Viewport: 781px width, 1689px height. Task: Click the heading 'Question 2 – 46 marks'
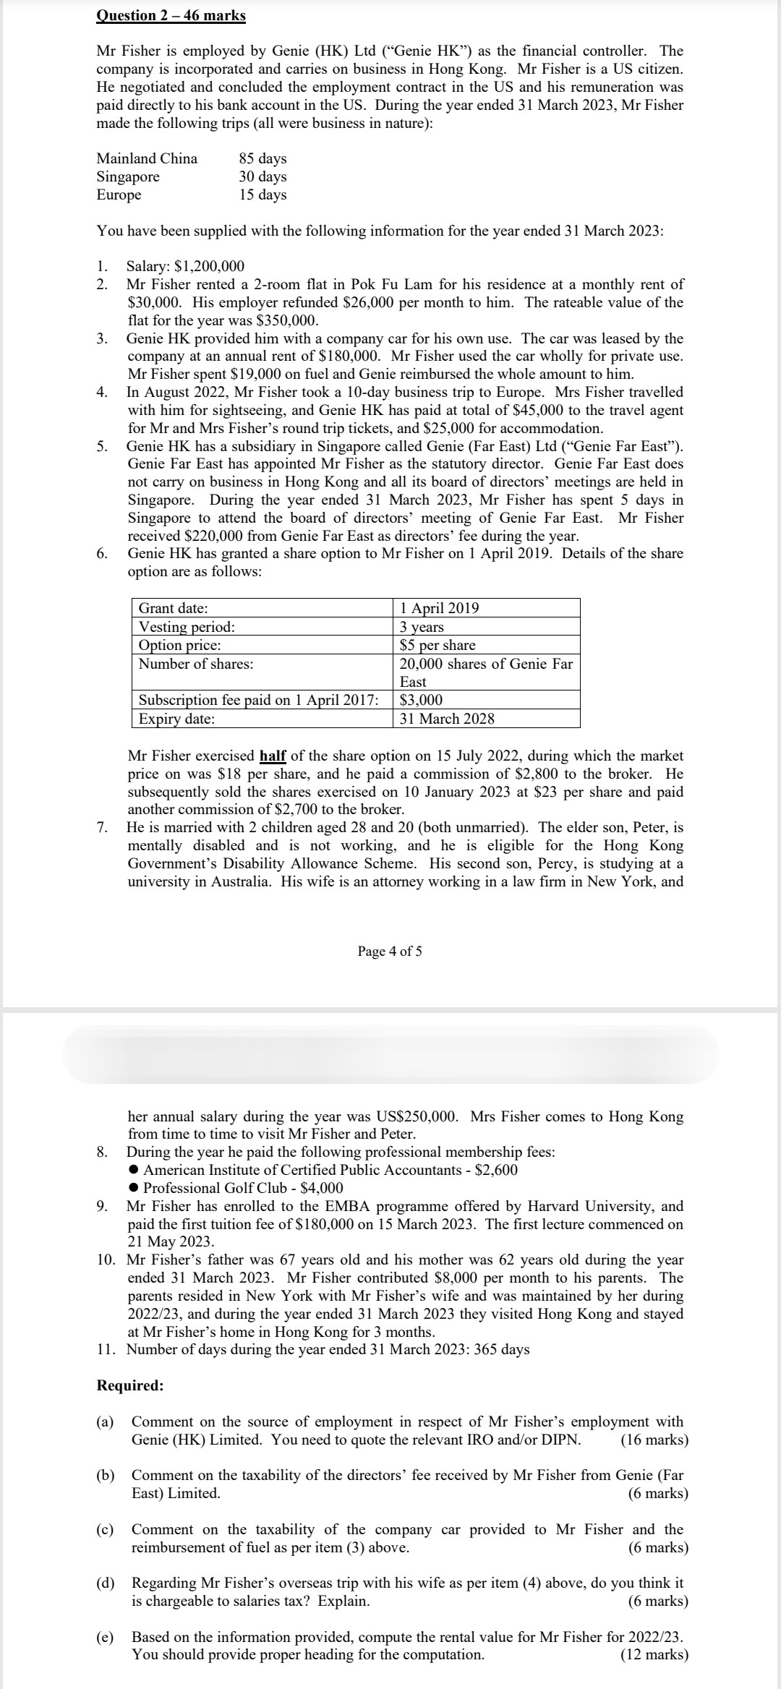[171, 15]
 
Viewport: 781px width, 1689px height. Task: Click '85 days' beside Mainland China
[263, 158]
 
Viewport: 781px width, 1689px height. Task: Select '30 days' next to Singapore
[263, 176]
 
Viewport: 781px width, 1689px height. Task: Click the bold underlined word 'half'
[273, 756]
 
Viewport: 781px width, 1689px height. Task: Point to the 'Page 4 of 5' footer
[390, 951]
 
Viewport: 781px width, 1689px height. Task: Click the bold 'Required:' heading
[130, 1385]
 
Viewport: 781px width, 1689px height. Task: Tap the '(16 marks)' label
[654, 1440]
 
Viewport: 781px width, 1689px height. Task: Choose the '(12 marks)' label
[654, 1655]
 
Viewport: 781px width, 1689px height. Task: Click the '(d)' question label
[106, 1583]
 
